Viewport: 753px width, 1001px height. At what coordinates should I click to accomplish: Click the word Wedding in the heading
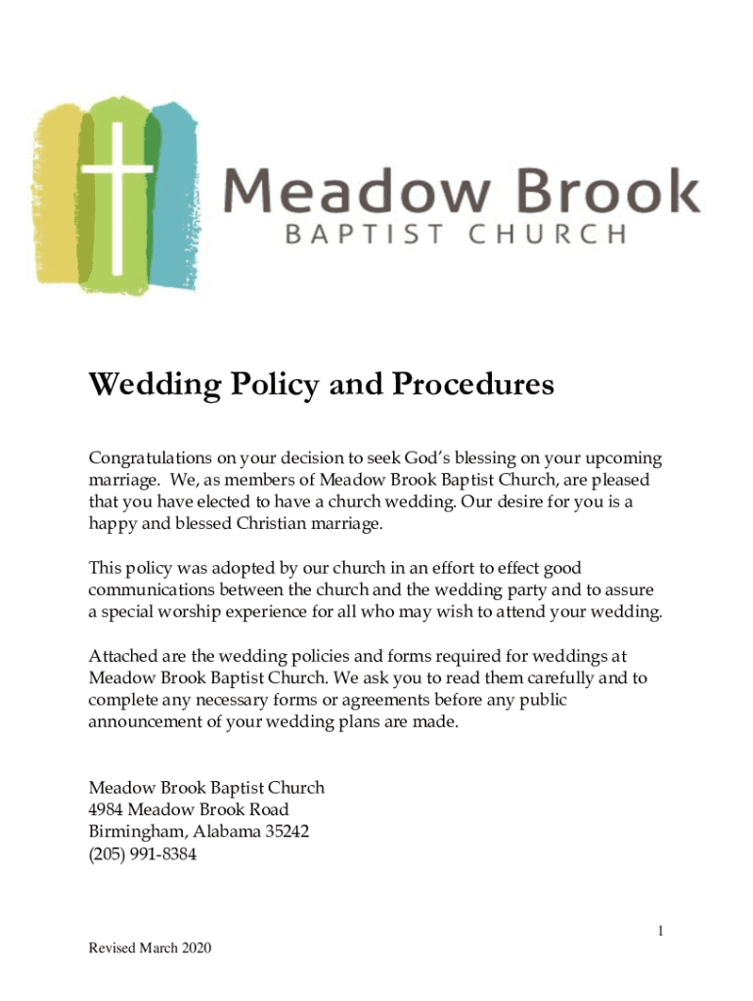[147, 386]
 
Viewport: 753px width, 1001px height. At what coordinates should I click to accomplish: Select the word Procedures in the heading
[473, 385]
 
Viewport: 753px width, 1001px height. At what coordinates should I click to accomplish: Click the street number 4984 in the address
[106, 809]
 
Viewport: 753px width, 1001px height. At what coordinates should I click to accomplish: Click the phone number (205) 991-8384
[143, 854]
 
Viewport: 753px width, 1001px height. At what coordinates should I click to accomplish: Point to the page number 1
[660, 932]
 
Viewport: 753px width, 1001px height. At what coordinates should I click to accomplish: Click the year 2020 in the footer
[195, 948]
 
